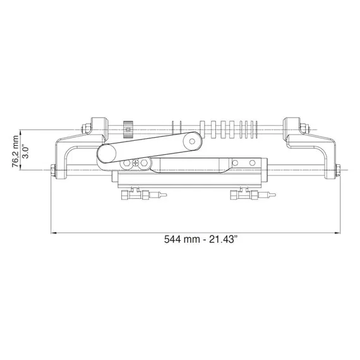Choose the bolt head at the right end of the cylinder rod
pos(340,170)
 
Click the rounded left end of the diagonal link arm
pos(105,153)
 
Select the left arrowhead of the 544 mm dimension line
pos(54,232)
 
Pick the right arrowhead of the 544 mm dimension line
pos(337,232)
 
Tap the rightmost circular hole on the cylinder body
pos(253,164)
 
